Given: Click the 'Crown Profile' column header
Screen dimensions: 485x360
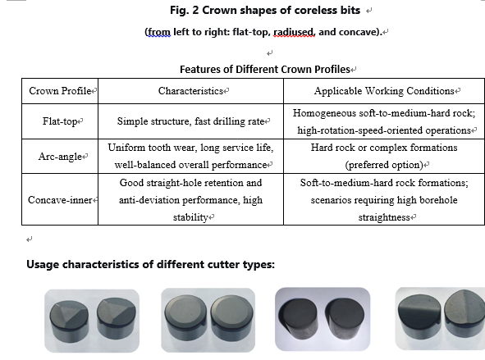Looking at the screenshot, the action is coord(60,91).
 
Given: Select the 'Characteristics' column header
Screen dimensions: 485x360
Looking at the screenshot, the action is coord(191,91).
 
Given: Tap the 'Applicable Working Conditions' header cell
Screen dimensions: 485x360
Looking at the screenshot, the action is coord(384,91).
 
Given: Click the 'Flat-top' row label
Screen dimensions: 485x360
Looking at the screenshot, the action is coord(60,121).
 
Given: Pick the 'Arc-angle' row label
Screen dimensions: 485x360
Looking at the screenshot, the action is coord(60,157).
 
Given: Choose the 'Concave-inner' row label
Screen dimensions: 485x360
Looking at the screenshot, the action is coord(60,200).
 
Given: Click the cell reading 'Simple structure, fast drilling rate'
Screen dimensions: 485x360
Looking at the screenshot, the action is coord(191,121).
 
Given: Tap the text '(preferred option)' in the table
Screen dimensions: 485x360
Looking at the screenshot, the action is coord(384,165).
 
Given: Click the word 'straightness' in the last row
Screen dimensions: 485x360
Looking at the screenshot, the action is coord(384,217).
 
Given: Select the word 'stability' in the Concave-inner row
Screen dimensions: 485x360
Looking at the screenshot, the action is coord(190,217).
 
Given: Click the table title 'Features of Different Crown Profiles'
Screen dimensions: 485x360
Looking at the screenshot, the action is coord(265,69).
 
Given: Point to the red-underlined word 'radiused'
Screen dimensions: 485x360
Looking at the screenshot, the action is coord(294,32).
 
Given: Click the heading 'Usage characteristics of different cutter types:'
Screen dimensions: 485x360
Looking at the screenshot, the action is coord(151,265).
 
